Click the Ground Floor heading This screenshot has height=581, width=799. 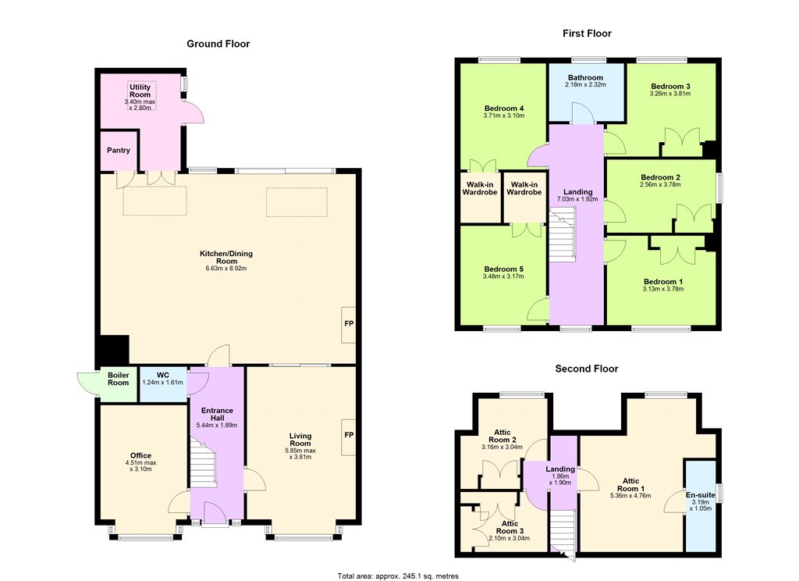pos(218,44)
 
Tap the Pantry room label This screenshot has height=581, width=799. pos(119,151)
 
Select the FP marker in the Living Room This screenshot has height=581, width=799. pos(349,435)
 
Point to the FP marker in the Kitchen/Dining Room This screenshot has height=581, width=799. pos(349,323)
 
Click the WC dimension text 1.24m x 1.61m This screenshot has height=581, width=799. pos(162,383)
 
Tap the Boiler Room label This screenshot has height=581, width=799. pos(119,379)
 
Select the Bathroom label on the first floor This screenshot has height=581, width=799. pos(585,77)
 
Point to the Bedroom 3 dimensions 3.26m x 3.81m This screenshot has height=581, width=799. pos(669,94)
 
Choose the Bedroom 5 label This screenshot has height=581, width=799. pos(503,269)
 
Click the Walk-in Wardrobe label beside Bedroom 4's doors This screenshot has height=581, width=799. pos(480,188)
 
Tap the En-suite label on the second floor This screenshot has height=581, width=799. pos(700,495)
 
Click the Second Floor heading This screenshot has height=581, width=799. pos(587,369)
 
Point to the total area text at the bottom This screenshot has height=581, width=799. pos(398,576)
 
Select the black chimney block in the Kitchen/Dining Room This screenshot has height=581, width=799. pos(113,350)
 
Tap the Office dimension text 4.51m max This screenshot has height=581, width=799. pos(140,463)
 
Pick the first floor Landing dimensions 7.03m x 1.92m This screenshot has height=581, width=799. pos(577,199)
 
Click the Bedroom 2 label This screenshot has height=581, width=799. pos(660,177)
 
